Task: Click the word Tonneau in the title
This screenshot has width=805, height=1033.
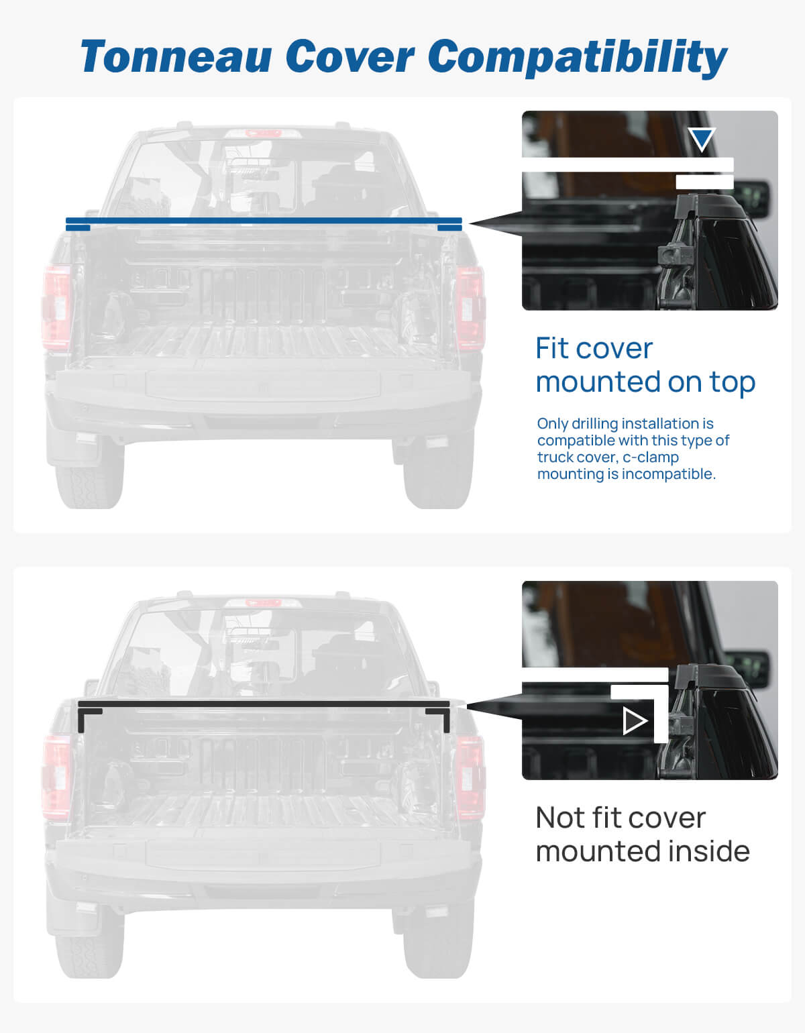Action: pos(176,56)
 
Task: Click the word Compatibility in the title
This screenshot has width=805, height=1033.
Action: pos(577,56)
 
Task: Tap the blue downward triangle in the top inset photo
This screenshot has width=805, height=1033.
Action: pos(702,139)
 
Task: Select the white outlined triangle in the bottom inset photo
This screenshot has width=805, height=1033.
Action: pos(635,721)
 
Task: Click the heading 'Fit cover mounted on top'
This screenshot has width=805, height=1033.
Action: pos(645,365)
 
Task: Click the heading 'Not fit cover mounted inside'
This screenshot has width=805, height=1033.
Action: pos(642,834)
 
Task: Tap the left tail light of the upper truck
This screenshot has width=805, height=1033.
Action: pos(56,307)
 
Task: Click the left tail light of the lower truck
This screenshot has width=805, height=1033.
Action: pos(56,777)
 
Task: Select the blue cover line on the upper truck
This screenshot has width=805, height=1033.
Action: pos(263,221)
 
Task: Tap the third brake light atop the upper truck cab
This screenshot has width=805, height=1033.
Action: pos(263,133)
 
